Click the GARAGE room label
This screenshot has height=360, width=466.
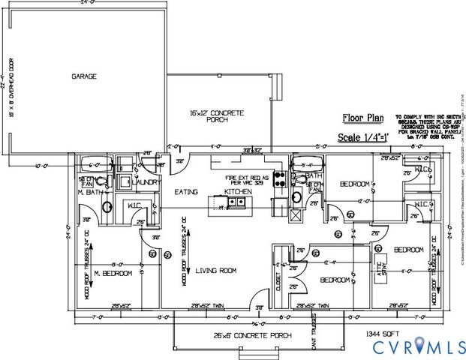click(x=86, y=76)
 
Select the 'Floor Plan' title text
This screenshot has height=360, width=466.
click(x=363, y=117)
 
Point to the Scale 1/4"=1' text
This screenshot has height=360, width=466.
click(x=368, y=138)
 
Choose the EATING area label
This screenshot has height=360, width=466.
click(x=186, y=193)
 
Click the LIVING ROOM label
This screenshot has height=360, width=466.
click(x=216, y=271)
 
